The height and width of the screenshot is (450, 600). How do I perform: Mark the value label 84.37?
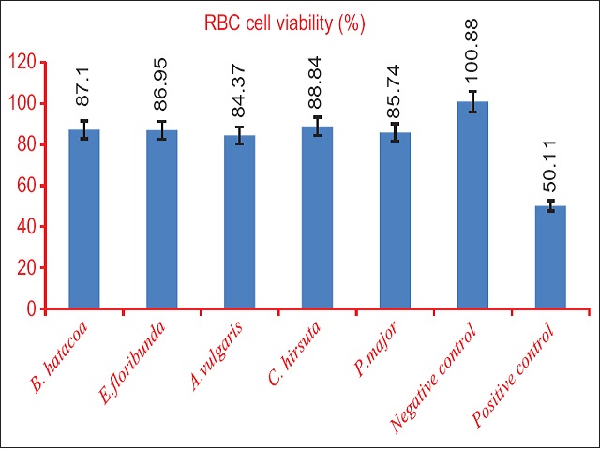click(x=239, y=100)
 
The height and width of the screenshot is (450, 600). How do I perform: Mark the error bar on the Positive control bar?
click(x=550, y=206)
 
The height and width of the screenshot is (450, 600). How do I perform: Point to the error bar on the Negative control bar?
click(x=472, y=101)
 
